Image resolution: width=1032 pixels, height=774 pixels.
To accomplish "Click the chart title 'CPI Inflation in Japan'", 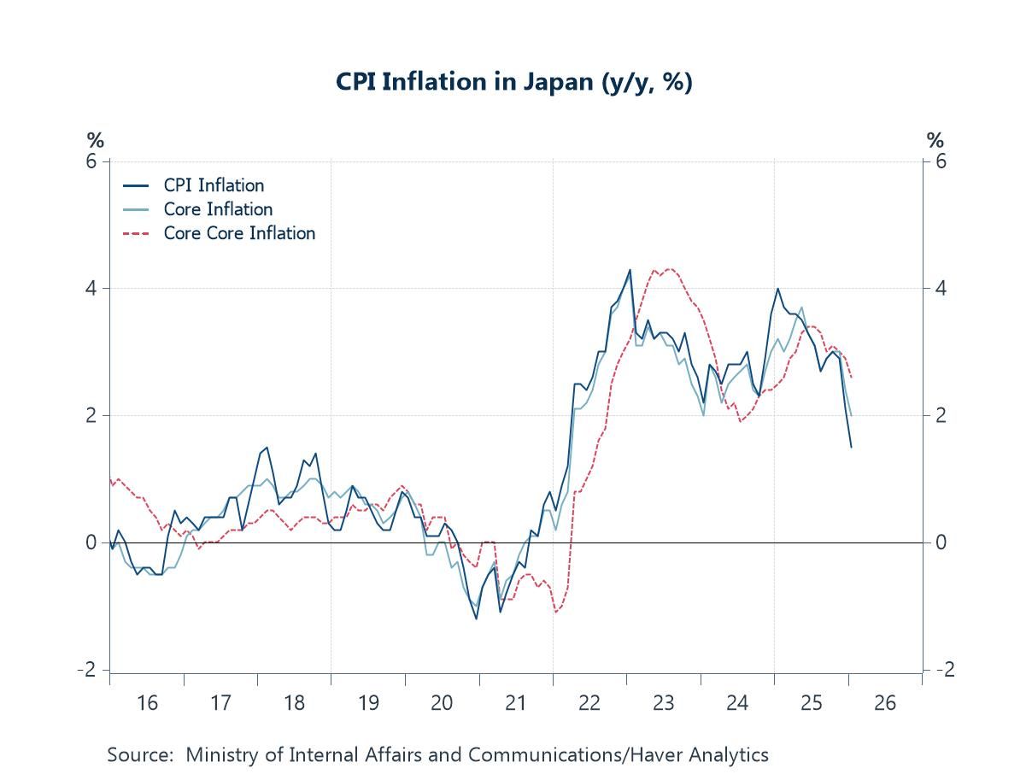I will click(513, 83).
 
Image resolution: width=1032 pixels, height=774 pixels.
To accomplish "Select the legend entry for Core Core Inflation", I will click(239, 233).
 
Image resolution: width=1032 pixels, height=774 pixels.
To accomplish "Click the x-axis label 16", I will click(147, 703).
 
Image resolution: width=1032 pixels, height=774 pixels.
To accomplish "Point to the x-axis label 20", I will click(442, 703).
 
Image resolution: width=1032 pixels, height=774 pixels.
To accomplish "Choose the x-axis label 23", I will click(664, 703).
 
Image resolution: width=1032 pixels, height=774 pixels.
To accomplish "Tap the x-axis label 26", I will click(885, 703).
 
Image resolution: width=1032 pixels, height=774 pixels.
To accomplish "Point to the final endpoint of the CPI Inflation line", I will click(851, 447).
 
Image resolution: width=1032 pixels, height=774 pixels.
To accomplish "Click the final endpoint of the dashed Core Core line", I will click(851, 378).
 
